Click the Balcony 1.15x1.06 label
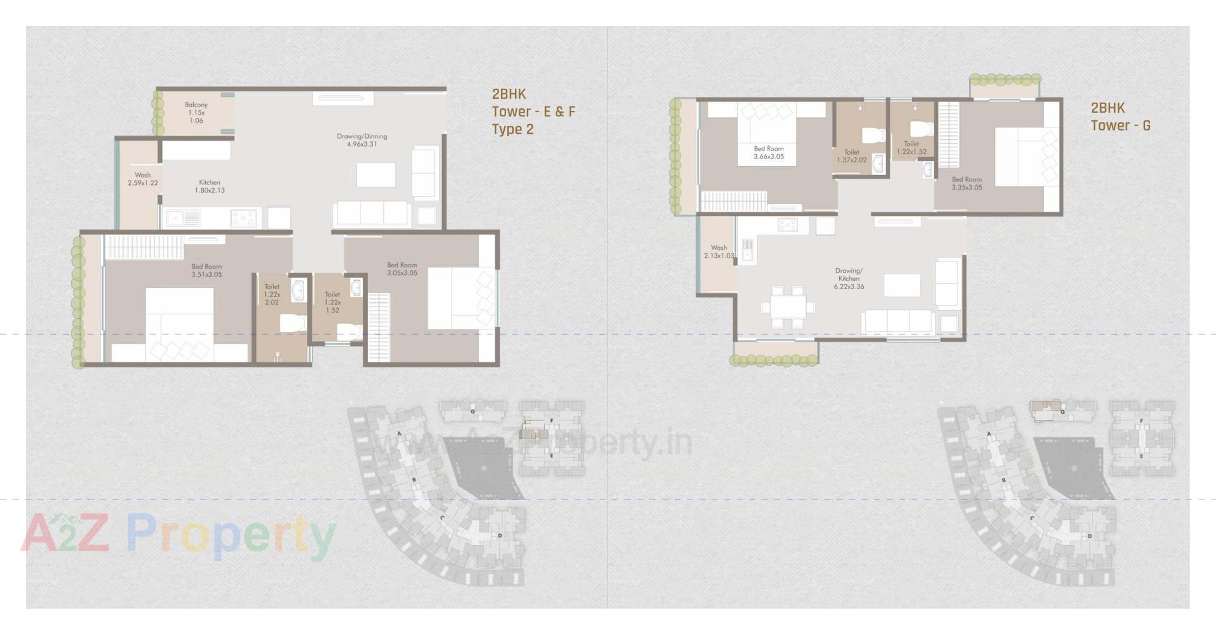[x=196, y=113]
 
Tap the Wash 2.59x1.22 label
[x=142, y=179]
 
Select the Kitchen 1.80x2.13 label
[x=210, y=186]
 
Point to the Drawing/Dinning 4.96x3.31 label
[x=362, y=140]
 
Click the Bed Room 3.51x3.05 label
[x=206, y=271]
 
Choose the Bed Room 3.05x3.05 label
[x=402, y=269]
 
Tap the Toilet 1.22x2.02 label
[x=272, y=295]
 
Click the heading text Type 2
[x=512, y=129]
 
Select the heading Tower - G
[x=1120, y=125]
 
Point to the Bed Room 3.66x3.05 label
[x=768, y=153]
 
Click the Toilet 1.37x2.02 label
[x=851, y=157]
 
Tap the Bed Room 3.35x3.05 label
[x=966, y=184]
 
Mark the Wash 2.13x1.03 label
[x=718, y=252]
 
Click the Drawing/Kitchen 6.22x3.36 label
[x=849, y=279]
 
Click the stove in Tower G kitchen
[x=787, y=225]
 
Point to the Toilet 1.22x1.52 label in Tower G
[x=911, y=148]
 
